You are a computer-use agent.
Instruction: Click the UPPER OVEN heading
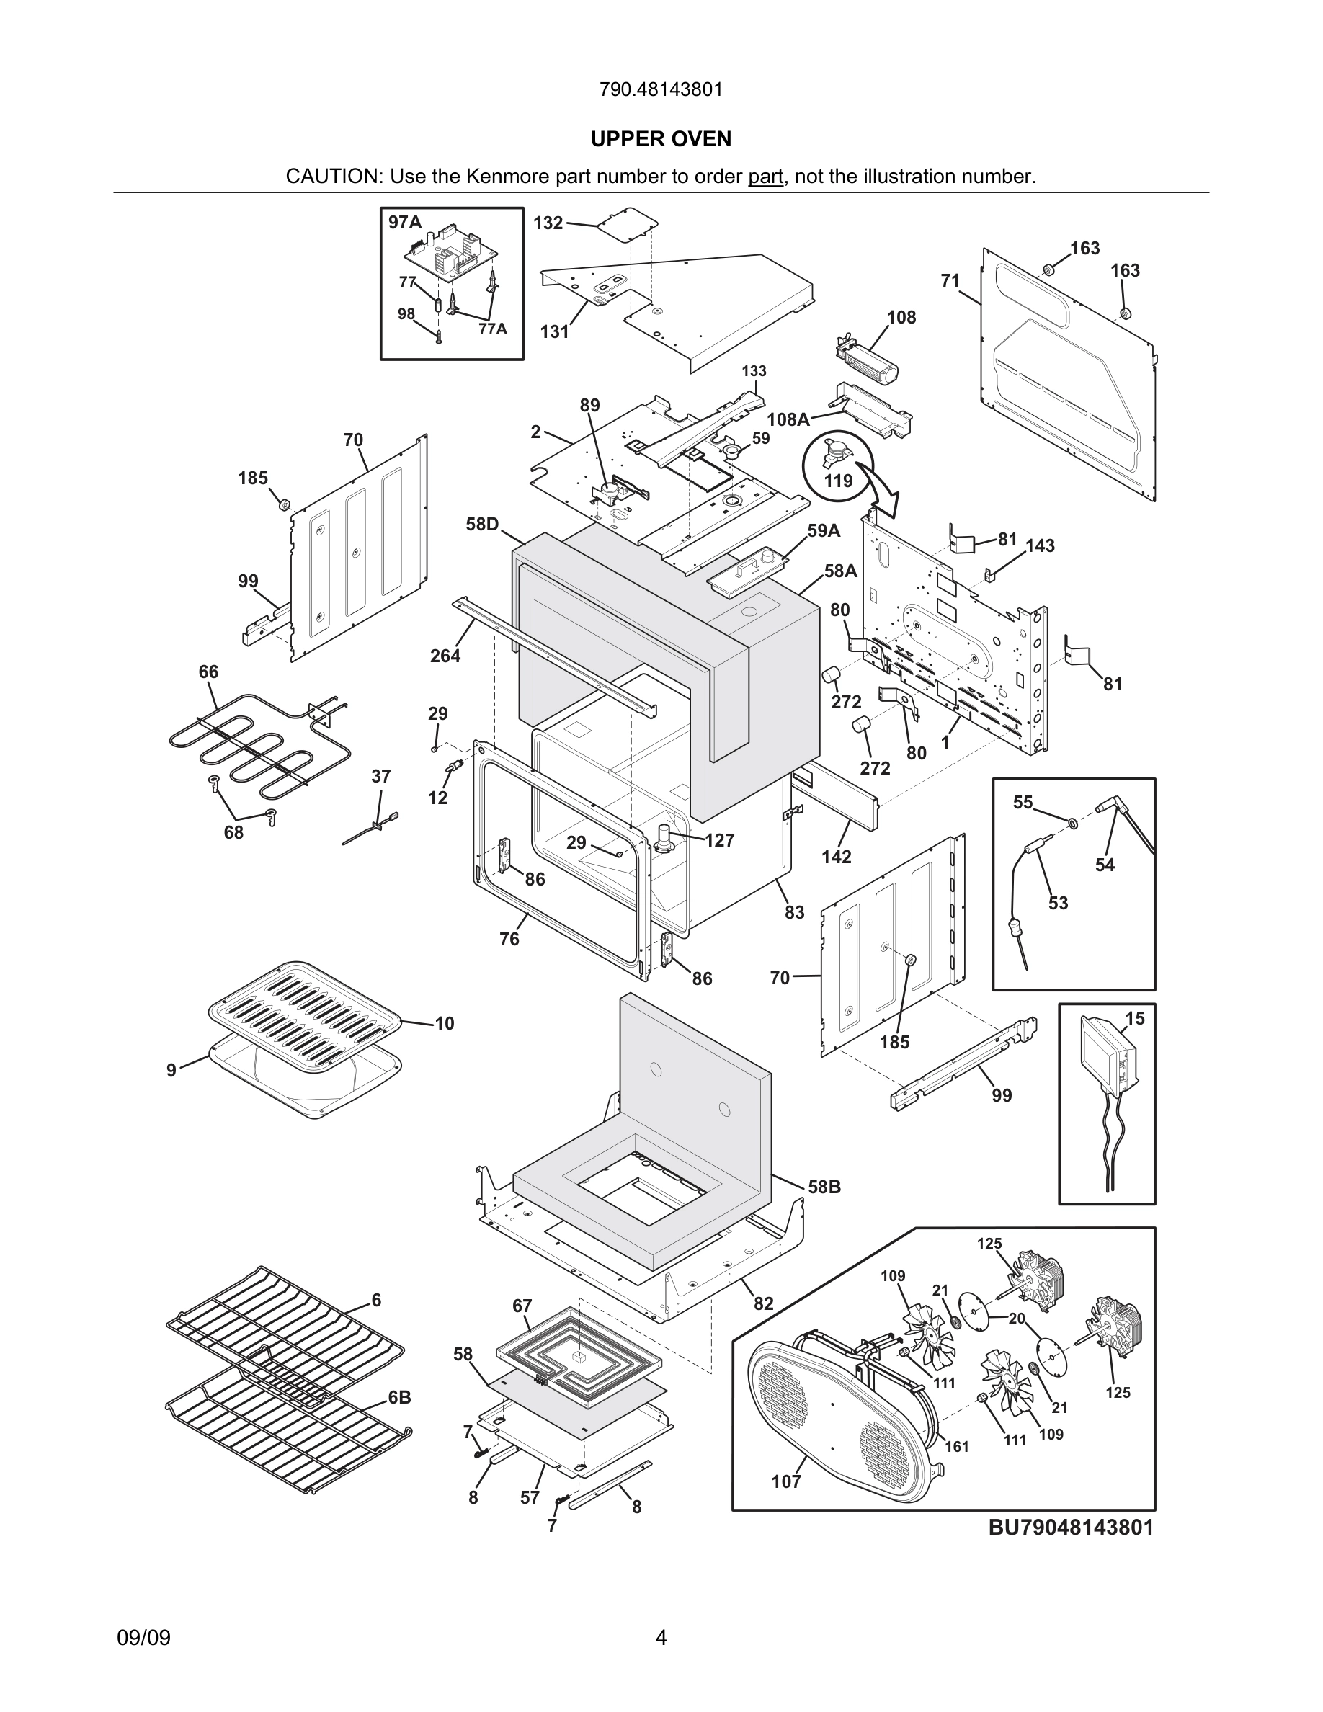tap(661, 140)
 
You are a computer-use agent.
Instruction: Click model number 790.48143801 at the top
tap(661, 90)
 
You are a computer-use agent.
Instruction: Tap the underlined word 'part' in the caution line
tap(765, 177)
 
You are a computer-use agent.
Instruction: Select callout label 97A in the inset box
tap(405, 223)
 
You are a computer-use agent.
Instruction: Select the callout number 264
tap(445, 656)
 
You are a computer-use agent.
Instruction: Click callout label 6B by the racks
tap(400, 1398)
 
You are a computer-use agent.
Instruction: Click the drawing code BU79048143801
tap(1071, 1527)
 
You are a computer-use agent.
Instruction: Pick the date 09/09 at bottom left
tap(143, 1638)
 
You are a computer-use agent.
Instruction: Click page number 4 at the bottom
tap(661, 1638)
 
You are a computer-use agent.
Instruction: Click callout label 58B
tap(824, 1187)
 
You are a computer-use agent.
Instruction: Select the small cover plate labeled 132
tap(625, 221)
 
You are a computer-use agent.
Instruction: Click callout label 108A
tap(788, 419)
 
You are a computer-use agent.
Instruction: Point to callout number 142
tap(837, 857)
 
